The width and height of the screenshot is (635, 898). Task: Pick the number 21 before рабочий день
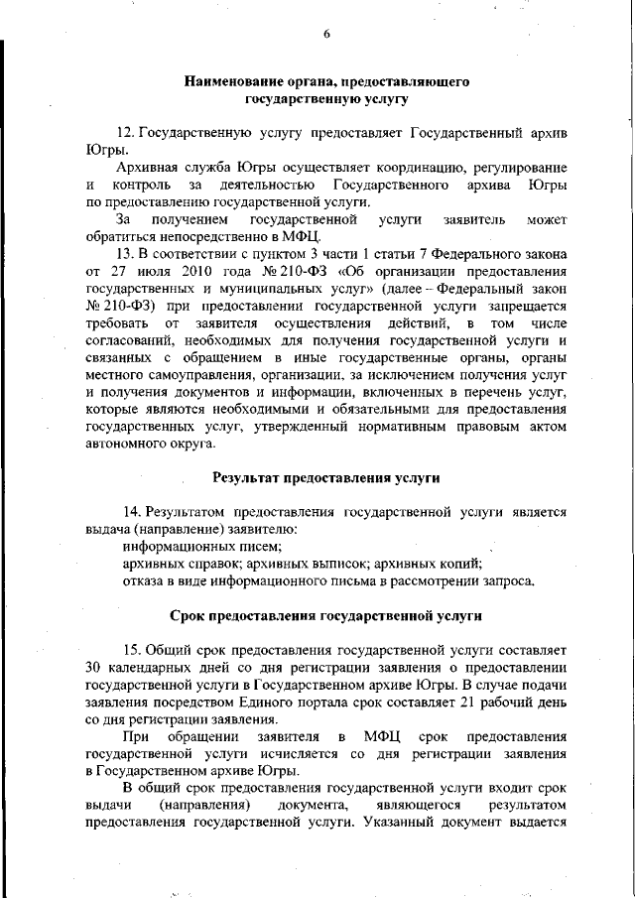point(458,703)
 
